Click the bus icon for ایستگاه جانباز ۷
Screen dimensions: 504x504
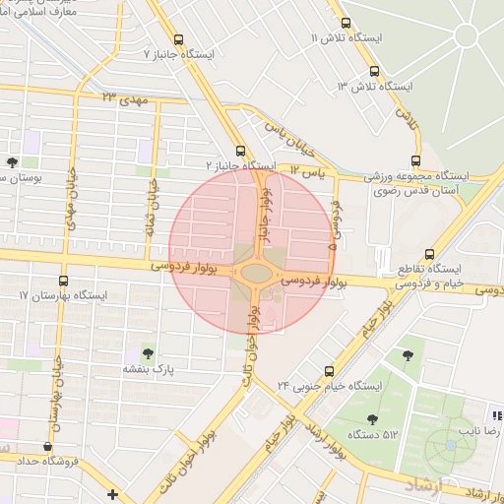tap(178, 40)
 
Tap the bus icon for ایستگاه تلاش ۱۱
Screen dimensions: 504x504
tap(345, 23)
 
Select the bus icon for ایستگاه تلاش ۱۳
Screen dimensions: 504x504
tap(373, 71)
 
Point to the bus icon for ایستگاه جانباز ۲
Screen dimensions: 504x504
tap(241, 151)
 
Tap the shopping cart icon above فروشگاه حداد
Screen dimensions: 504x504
tap(49, 445)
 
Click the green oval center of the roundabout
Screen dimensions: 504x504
tap(256, 272)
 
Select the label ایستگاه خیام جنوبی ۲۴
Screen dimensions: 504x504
tap(329, 386)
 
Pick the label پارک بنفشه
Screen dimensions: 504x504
tap(148, 368)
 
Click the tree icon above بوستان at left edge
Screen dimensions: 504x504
tap(12, 163)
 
